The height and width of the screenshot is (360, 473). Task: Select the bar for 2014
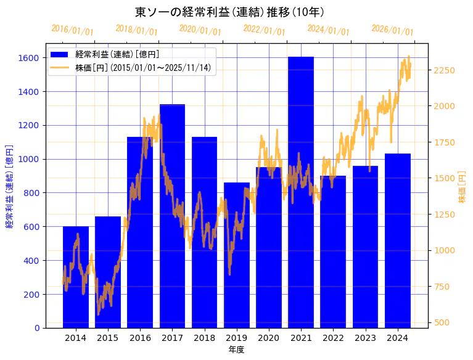pos(76,277)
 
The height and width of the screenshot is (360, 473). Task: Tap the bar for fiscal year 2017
pos(172,216)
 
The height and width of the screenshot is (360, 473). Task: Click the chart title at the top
pos(229,12)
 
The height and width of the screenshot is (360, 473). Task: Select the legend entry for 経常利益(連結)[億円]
pos(117,55)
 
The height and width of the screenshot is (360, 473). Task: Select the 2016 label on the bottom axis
pos(140,338)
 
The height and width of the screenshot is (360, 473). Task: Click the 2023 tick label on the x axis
pos(365,338)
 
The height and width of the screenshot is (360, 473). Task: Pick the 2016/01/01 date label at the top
pos(72,30)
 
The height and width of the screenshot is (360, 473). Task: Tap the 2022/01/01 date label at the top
pos(264,30)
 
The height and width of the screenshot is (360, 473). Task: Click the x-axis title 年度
pos(236,350)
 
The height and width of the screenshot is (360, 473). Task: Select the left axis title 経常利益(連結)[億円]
pos(9,186)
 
